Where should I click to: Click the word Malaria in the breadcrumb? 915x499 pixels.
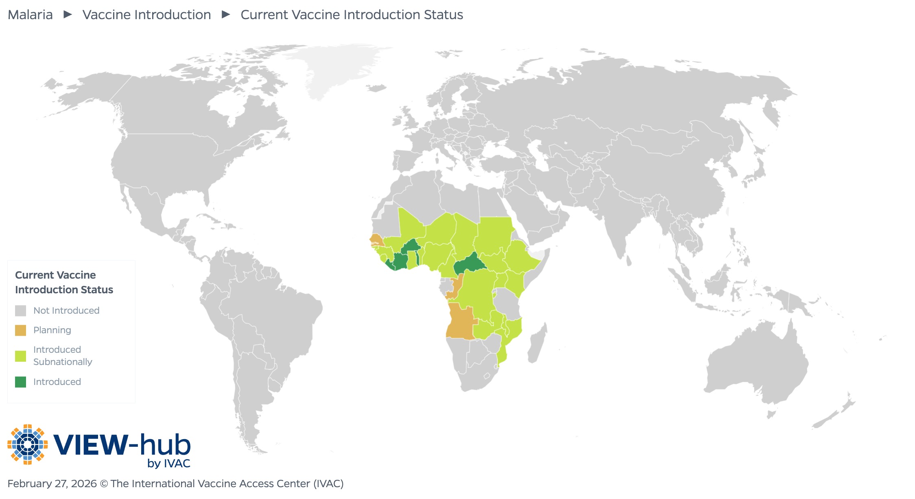(30, 15)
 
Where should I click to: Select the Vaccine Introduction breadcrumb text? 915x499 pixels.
(146, 15)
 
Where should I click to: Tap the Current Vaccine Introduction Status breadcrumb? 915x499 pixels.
(352, 15)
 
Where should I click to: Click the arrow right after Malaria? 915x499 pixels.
(68, 15)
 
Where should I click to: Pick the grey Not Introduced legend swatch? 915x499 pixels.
(20, 311)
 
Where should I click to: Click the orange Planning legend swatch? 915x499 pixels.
(20, 330)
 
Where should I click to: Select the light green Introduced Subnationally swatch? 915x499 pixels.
(20, 356)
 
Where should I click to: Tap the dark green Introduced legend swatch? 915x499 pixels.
(20, 382)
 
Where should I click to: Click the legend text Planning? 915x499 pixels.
(52, 330)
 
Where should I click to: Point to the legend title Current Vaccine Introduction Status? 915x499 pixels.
(64, 282)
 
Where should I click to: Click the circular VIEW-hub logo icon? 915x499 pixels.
(27, 444)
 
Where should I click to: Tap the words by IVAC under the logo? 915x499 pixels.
(168, 464)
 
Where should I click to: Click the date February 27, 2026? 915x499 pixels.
(52, 484)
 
